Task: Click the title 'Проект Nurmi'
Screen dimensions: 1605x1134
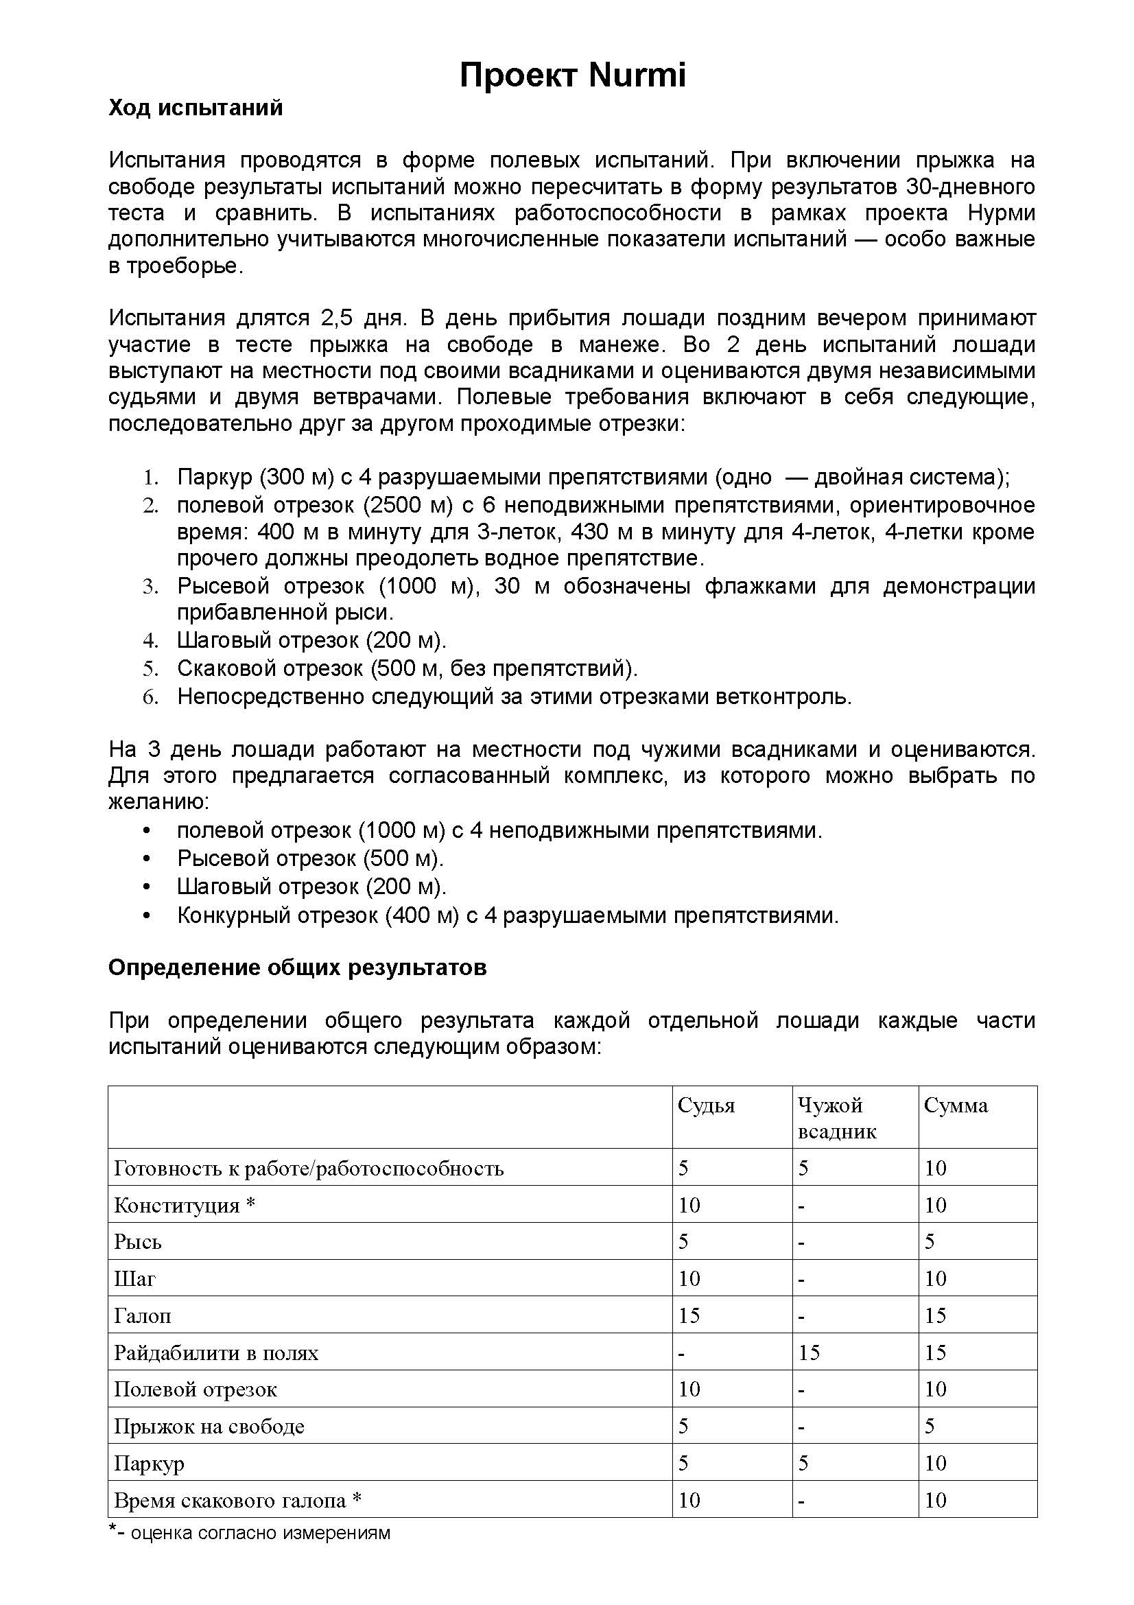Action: [x=572, y=75]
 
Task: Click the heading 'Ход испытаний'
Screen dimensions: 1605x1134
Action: [x=196, y=108]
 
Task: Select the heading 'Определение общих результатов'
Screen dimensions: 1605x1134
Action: [x=297, y=968]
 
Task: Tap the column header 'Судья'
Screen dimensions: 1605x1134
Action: [x=706, y=1105]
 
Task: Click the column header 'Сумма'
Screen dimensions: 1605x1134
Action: [x=955, y=1105]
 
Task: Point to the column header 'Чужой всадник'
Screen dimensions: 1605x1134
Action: [x=836, y=1118]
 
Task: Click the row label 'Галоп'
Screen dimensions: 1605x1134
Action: [x=143, y=1315]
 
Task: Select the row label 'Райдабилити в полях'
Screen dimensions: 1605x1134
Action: [x=216, y=1352]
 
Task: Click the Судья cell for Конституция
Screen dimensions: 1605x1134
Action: [x=689, y=1205]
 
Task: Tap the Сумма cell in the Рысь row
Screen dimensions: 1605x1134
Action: [x=930, y=1241]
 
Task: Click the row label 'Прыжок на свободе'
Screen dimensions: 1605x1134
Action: [x=209, y=1426]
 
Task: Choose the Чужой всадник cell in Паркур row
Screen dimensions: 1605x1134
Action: [x=803, y=1463]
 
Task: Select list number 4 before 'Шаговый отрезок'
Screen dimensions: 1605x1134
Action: [x=151, y=640]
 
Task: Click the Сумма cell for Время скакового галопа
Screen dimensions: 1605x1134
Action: [x=935, y=1500]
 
